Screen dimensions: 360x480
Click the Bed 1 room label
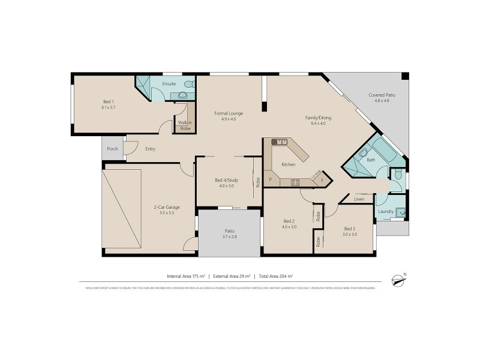108,101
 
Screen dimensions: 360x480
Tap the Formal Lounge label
229,113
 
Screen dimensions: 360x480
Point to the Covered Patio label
382,95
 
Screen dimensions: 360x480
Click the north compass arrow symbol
397,279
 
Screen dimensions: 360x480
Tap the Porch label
112,149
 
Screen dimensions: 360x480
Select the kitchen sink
279,142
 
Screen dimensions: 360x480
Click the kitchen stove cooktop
295,182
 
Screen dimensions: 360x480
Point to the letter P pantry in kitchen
270,179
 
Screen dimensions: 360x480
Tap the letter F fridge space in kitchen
322,179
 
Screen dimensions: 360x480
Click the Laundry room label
385,212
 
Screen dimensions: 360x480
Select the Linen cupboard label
359,199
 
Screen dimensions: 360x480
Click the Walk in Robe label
185,125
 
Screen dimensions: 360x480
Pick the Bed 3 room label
350,228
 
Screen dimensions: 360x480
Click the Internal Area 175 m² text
186,276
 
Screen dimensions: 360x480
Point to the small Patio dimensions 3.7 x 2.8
229,237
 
